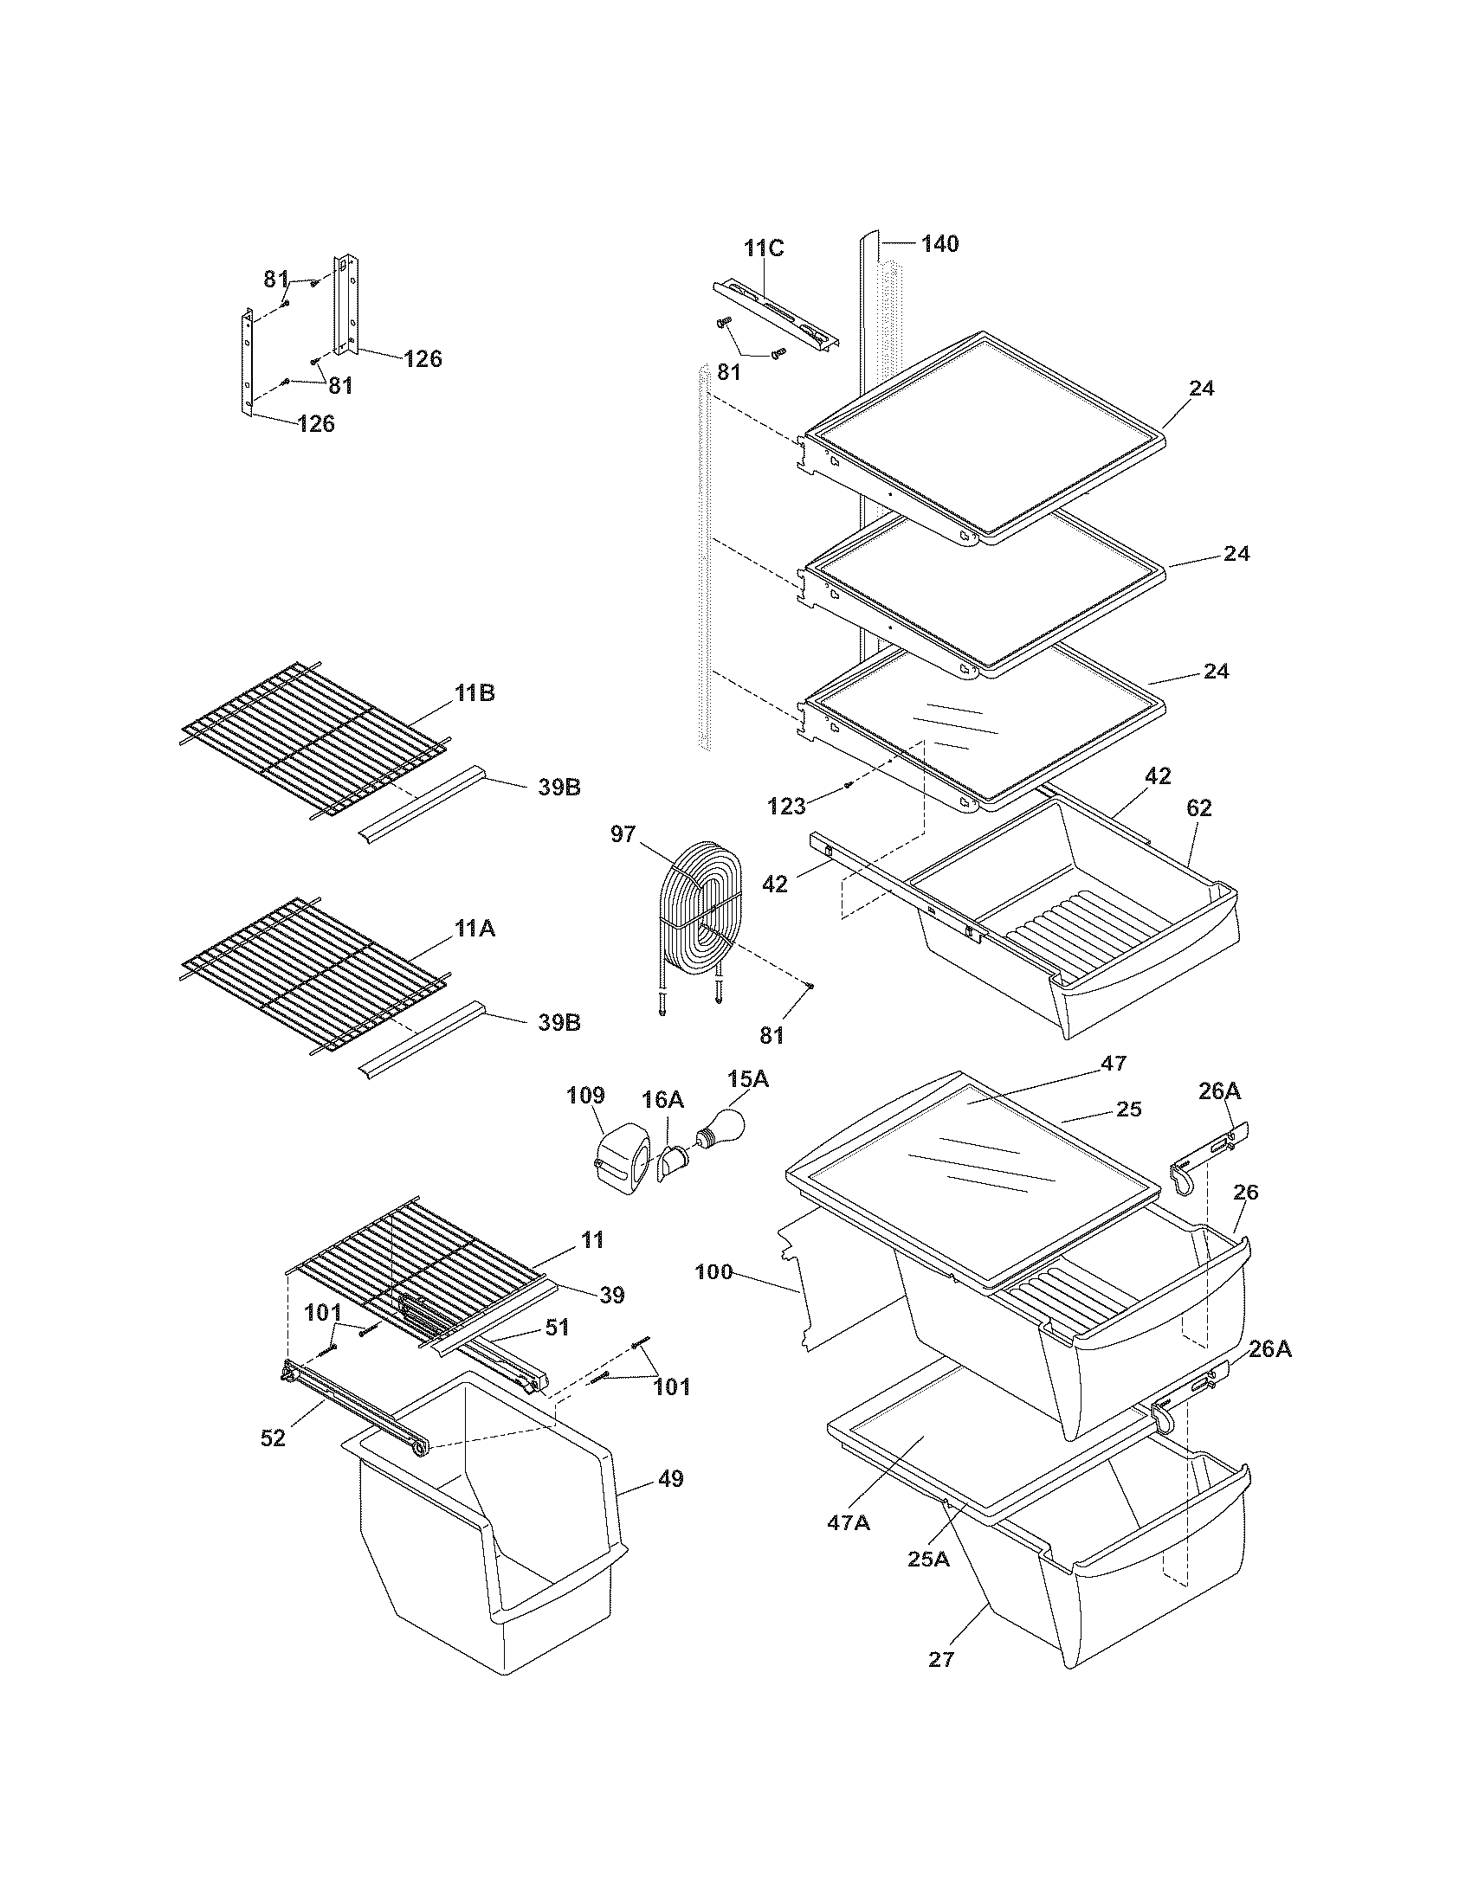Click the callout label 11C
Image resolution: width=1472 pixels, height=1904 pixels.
764,248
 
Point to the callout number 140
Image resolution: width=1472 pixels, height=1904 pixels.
940,244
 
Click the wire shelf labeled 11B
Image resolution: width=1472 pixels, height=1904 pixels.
314,741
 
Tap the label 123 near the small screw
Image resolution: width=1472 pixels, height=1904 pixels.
786,807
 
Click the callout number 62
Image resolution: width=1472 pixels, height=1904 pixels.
1199,808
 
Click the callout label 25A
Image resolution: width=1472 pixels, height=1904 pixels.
928,1559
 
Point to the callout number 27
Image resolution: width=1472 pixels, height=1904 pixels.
941,1659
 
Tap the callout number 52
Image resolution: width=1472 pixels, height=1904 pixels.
273,1438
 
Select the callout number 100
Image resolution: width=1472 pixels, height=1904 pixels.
715,1272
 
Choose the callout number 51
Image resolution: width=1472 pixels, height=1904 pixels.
557,1328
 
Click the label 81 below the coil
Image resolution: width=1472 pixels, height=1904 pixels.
772,1036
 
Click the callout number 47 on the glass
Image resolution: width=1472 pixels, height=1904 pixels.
1114,1064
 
